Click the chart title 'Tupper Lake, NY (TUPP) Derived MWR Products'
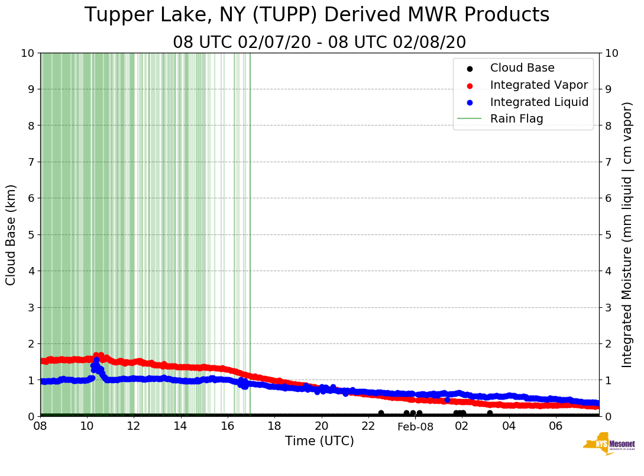coord(317,15)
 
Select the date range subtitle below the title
coord(319,43)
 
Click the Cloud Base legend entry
coord(522,68)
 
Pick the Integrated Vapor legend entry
coord(539,85)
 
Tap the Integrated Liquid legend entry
coord(539,102)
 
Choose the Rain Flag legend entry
coord(516,119)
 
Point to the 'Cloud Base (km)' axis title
coord(11,234)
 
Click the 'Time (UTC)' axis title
coord(319,441)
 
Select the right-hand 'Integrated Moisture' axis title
coord(627,234)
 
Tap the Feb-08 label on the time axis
coord(415,427)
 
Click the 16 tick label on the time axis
coord(228,426)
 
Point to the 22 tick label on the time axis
coord(368,426)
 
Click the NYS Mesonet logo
coord(609,444)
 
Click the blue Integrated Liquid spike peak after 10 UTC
coord(96,360)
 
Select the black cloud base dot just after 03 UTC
coord(490,413)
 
